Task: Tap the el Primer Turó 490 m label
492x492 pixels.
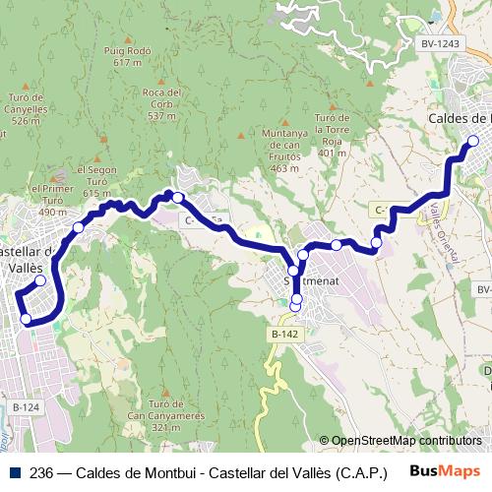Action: pyautogui.click(x=52, y=200)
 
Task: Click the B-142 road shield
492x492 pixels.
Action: pyautogui.click(x=284, y=335)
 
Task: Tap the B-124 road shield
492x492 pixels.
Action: pyautogui.click(x=28, y=406)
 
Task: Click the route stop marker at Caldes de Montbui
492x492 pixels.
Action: pyautogui.click(x=473, y=141)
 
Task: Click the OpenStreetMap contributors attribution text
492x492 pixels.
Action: pyautogui.click(x=406, y=440)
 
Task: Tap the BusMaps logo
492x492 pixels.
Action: pyautogui.click(x=445, y=470)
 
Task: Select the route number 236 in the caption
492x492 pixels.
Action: pyautogui.click(x=41, y=471)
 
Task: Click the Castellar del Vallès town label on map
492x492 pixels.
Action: pyautogui.click(x=22, y=258)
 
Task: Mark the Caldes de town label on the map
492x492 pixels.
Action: pyautogui.click(x=459, y=119)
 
